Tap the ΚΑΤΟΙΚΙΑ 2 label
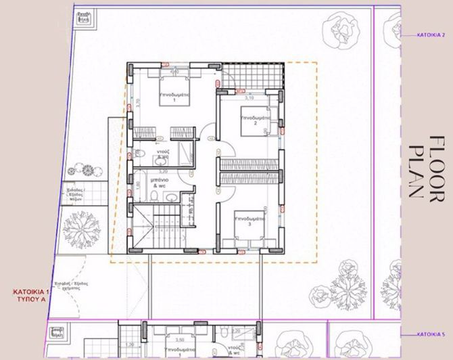click(429, 33)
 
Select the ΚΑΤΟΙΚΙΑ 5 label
click(429, 334)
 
